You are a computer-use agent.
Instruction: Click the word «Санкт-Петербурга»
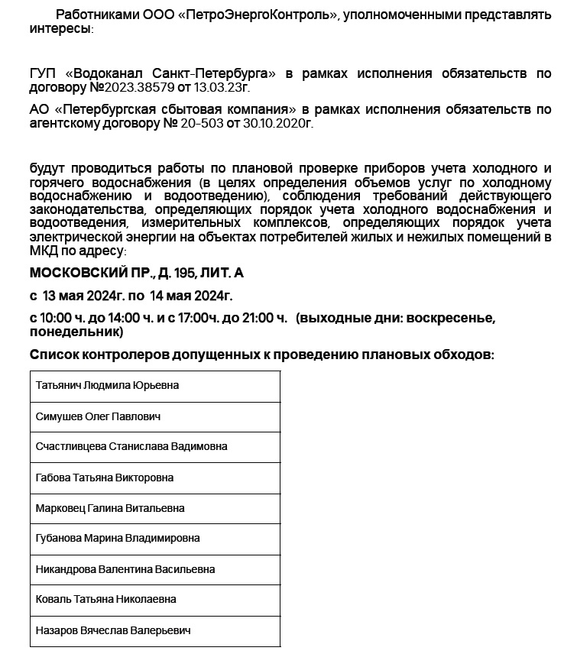219,73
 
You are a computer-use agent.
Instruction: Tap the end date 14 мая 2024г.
190,296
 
